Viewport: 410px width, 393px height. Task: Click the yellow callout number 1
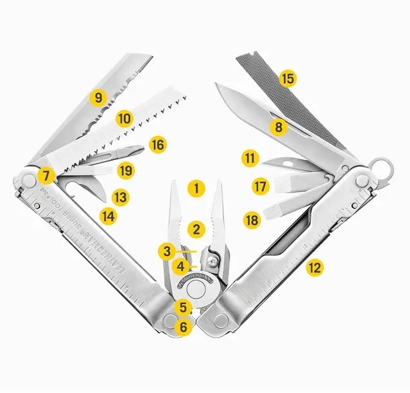pyautogui.click(x=196, y=189)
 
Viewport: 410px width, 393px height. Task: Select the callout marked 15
pyautogui.click(x=287, y=79)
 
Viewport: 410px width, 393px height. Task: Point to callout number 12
pyautogui.click(x=313, y=265)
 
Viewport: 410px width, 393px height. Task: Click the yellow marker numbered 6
pyautogui.click(x=184, y=327)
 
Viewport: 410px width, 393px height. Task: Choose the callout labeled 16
pyautogui.click(x=158, y=144)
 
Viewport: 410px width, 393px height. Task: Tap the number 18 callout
pyautogui.click(x=251, y=220)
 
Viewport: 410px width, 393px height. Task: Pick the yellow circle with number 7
pyautogui.click(x=44, y=174)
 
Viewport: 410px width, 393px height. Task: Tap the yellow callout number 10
pyautogui.click(x=124, y=119)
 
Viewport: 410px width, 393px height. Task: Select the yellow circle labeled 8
pyautogui.click(x=278, y=127)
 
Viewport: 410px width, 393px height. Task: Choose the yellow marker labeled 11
pyautogui.click(x=251, y=157)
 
